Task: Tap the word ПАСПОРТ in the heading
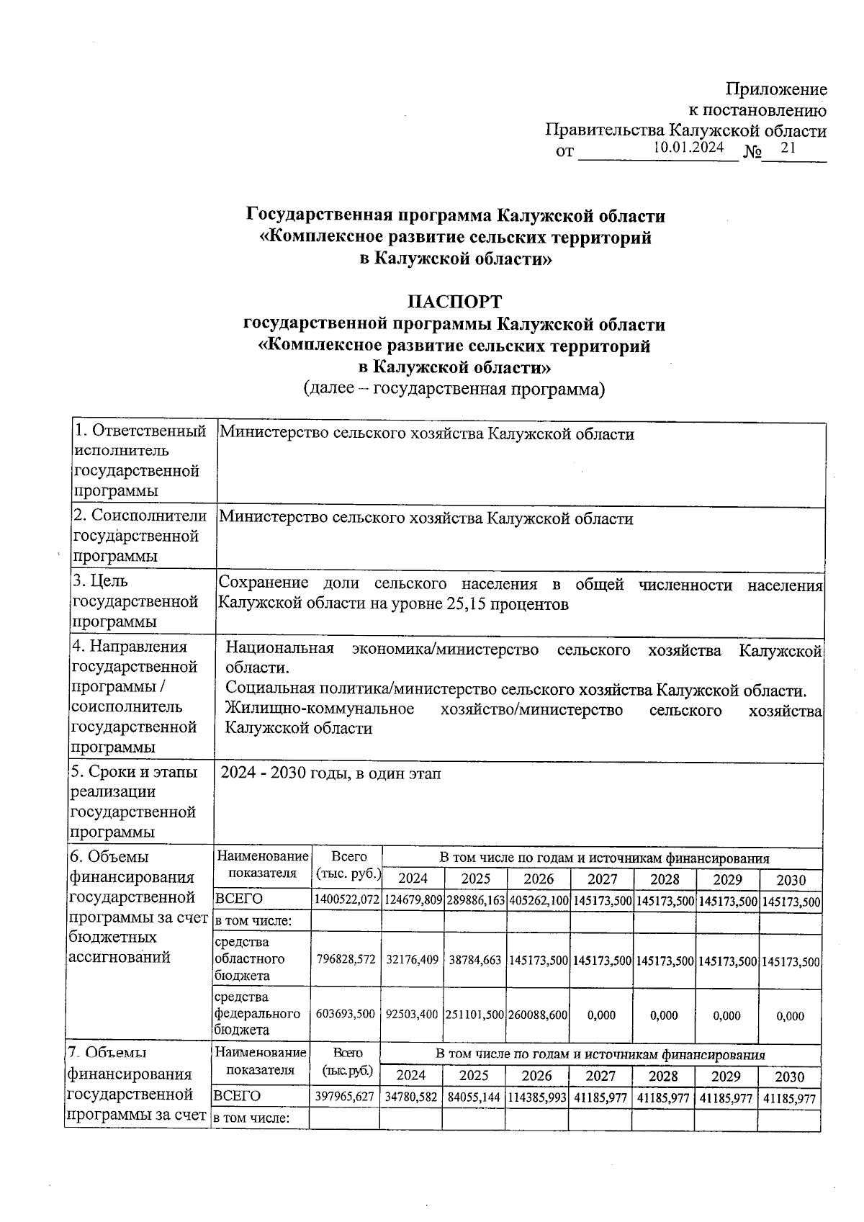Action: [x=454, y=302]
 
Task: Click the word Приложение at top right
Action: [x=776, y=89]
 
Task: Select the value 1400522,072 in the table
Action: [x=346, y=901]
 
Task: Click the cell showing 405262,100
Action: [x=539, y=901]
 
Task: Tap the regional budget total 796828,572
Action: [x=346, y=961]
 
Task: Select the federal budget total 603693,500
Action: [x=346, y=1014]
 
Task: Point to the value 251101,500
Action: [x=475, y=1014]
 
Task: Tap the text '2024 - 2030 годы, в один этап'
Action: [x=330, y=773]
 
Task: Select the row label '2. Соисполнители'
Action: [x=140, y=516]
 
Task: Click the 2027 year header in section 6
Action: [x=602, y=879]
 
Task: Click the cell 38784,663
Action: [x=475, y=961]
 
